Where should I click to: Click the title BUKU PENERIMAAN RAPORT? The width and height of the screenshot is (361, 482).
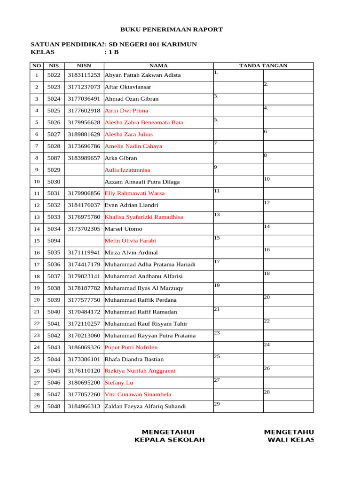tap(172, 29)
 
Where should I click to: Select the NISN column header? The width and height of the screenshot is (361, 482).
tap(84, 66)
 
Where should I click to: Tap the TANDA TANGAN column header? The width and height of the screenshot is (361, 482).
tap(263, 66)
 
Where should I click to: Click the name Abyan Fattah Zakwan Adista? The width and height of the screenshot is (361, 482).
tap(142, 75)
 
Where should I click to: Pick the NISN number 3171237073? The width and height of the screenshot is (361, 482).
tap(84, 87)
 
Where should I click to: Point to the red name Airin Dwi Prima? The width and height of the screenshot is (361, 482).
tap(126, 111)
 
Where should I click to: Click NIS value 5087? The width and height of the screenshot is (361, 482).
tap(54, 158)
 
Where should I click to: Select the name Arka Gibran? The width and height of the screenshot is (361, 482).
tap(121, 158)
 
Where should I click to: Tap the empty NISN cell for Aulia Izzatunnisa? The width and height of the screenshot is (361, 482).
tap(84, 170)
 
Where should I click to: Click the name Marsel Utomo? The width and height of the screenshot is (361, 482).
tap(123, 229)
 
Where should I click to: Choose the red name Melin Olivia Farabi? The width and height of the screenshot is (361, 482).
tap(130, 241)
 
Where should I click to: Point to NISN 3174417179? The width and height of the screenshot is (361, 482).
tap(84, 265)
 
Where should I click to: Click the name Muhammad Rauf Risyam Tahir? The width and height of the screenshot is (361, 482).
tap(146, 323)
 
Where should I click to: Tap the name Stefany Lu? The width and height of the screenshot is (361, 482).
tap(118, 383)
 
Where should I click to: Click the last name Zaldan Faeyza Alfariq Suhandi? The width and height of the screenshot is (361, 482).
tap(145, 407)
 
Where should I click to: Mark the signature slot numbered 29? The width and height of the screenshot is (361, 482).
tap(238, 407)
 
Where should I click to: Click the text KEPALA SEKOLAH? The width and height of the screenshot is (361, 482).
tap(170, 440)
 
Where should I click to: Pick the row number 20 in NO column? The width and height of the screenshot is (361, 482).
tap(36, 300)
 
